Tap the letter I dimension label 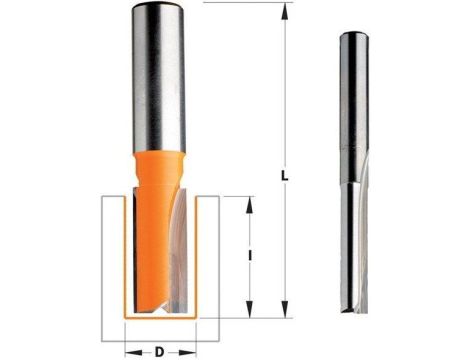[x=247, y=256]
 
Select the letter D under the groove [x=160, y=324]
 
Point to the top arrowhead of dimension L [x=285, y=6]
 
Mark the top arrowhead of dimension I [x=248, y=200]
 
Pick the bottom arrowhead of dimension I [x=248, y=313]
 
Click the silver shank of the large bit [x=158, y=80]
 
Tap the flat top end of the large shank [x=158, y=5]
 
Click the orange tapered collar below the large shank [x=158, y=160]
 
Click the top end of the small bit [x=351, y=34]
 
